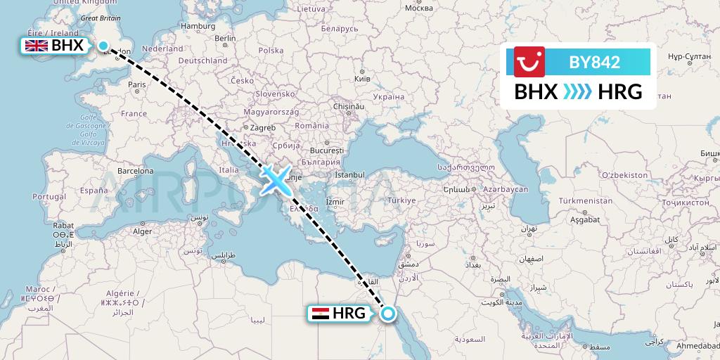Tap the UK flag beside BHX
[x=36, y=46]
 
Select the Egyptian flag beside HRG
[x=320, y=314]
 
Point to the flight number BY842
[x=594, y=62]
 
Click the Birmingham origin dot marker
[x=104, y=46]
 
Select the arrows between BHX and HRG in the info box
[x=577, y=91]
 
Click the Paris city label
[x=136, y=84]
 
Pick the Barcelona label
[x=135, y=171]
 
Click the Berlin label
[x=225, y=38]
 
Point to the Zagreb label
[x=262, y=128]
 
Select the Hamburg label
[x=198, y=26]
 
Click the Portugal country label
[x=49, y=196]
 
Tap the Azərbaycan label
[x=505, y=190]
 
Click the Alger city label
[x=143, y=231]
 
